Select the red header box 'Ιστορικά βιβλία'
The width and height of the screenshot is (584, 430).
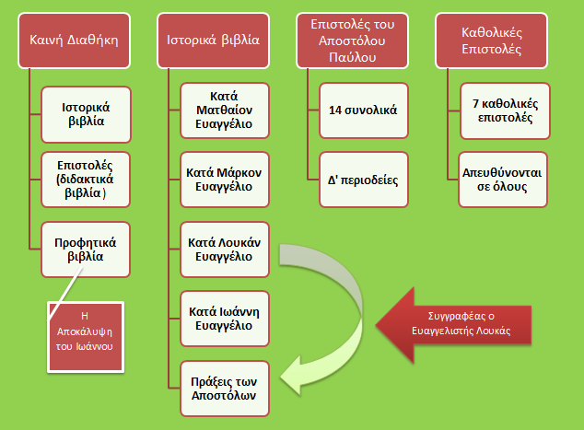coord(213,41)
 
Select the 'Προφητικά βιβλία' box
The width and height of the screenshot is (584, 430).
coord(88,248)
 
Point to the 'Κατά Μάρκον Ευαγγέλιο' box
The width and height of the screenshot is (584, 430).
coord(224,179)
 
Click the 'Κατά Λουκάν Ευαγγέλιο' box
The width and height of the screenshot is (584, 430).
coord(224,248)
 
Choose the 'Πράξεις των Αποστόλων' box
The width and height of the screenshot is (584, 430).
coord(224,387)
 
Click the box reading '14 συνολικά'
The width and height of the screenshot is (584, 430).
coord(363,110)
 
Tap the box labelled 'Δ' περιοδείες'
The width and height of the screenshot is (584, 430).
coord(363,179)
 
